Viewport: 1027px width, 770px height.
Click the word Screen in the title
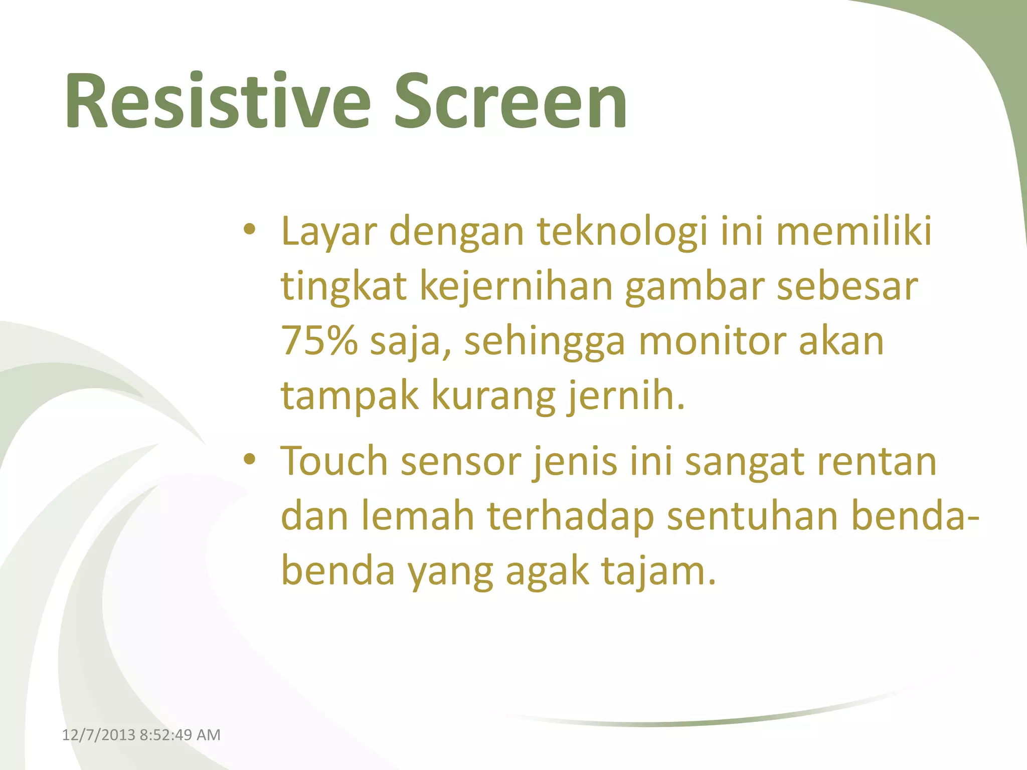pos(510,102)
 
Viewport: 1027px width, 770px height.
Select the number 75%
pos(319,341)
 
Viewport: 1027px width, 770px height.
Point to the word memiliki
pos(854,232)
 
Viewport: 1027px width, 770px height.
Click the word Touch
pos(334,461)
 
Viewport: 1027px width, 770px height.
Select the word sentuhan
pos(753,516)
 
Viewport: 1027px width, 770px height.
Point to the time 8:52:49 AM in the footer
pos(180,735)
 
